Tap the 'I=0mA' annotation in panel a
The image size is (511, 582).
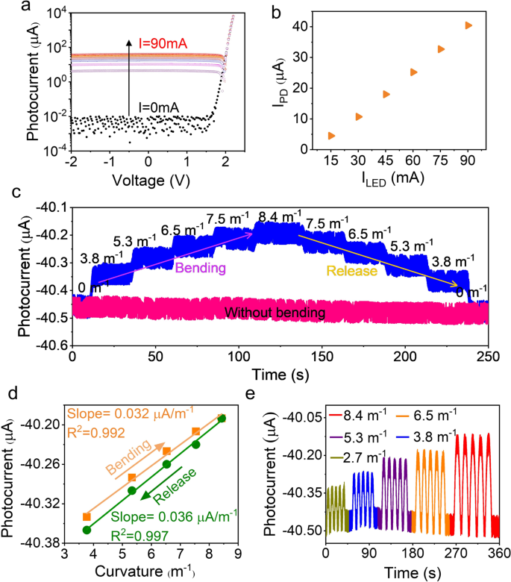[x=153, y=107]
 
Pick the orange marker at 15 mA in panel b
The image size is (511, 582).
[x=331, y=136]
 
